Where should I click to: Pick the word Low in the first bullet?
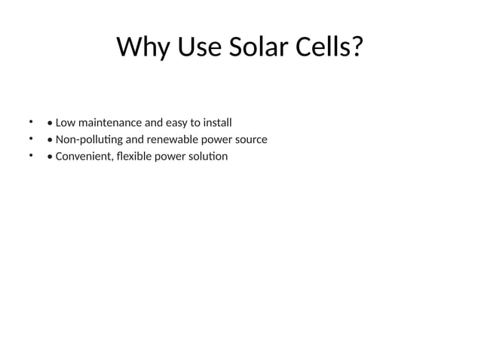tap(66, 122)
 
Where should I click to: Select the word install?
tap(216, 122)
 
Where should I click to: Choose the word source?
tap(250, 139)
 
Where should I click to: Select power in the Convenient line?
tap(172, 157)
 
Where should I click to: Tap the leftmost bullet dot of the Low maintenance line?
tap(31, 121)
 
